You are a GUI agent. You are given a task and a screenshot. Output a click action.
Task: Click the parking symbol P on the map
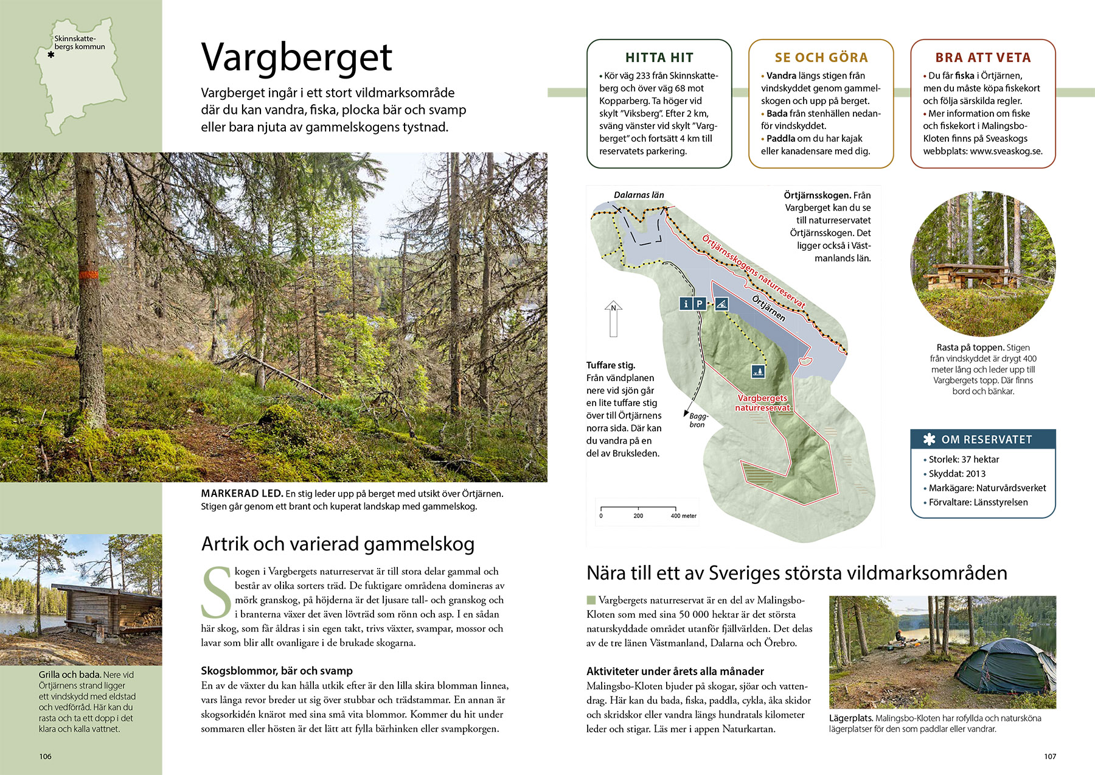pos(700,303)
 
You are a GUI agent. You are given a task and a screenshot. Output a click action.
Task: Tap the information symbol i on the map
pos(686,303)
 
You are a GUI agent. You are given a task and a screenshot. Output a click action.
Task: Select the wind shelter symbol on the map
pos(721,303)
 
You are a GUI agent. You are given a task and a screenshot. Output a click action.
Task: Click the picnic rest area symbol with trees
pos(758,370)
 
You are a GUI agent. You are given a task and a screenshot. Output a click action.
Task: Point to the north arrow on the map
pos(613,318)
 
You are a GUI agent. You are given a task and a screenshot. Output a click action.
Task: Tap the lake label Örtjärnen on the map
pos(769,309)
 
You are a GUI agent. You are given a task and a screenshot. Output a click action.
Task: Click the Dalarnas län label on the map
pos(639,195)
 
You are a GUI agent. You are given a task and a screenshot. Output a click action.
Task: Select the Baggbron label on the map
pos(698,420)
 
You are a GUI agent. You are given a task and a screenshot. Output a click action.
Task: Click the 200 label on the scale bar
pos(638,516)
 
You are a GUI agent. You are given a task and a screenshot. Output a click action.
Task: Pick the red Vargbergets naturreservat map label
pos(762,403)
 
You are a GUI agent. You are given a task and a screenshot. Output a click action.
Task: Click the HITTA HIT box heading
pos(659,58)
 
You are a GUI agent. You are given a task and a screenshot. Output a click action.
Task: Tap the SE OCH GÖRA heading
pos(821,58)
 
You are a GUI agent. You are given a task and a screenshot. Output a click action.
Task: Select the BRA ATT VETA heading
pos(983,58)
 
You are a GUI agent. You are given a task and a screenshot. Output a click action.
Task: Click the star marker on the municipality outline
pos(51,55)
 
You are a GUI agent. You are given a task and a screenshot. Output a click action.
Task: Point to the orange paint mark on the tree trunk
pos(89,275)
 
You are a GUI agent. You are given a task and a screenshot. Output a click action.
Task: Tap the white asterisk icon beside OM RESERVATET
pos(929,439)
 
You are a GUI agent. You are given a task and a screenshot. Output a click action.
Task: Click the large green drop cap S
pos(216,592)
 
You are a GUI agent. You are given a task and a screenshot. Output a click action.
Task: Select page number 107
pos(1050,756)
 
